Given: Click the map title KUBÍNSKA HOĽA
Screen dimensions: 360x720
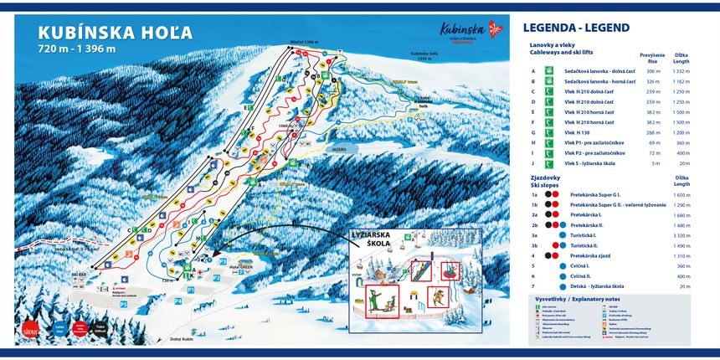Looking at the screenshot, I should coord(116,33).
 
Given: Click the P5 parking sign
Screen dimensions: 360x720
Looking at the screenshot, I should coord(123,305).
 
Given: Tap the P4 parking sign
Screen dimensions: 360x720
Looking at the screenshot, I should coord(178,299).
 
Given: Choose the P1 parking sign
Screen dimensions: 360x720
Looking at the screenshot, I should coord(191,289).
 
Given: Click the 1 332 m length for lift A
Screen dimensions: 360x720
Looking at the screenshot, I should coord(679,71).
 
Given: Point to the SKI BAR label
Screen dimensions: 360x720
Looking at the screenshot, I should coord(79,274).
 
